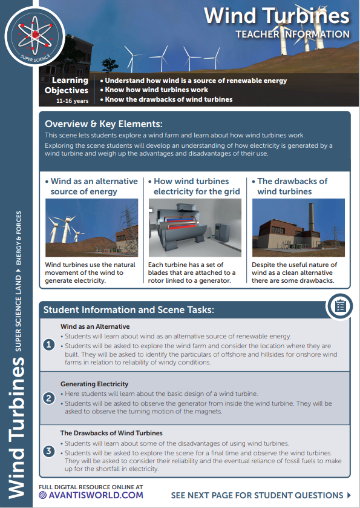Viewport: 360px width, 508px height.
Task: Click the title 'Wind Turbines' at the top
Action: coord(276,15)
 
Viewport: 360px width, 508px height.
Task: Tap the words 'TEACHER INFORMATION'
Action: coord(292,34)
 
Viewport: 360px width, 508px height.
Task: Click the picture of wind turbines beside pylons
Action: coord(91,228)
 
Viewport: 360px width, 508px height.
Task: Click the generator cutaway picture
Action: coord(194,228)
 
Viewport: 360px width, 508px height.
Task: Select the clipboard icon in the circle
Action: coord(340,306)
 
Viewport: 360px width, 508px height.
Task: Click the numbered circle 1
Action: coord(50,345)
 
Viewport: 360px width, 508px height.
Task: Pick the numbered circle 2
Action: coord(50,398)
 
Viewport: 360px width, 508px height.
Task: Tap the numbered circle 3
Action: coord(50,451)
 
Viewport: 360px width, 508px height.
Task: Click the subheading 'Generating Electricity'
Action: coord(94,384)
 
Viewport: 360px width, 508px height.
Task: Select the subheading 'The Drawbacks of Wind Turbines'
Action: coord(111,433)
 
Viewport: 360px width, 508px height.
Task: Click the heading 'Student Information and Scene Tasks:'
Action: coord(128,310)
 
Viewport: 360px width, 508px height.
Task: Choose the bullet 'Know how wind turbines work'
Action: coord(155,90)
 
